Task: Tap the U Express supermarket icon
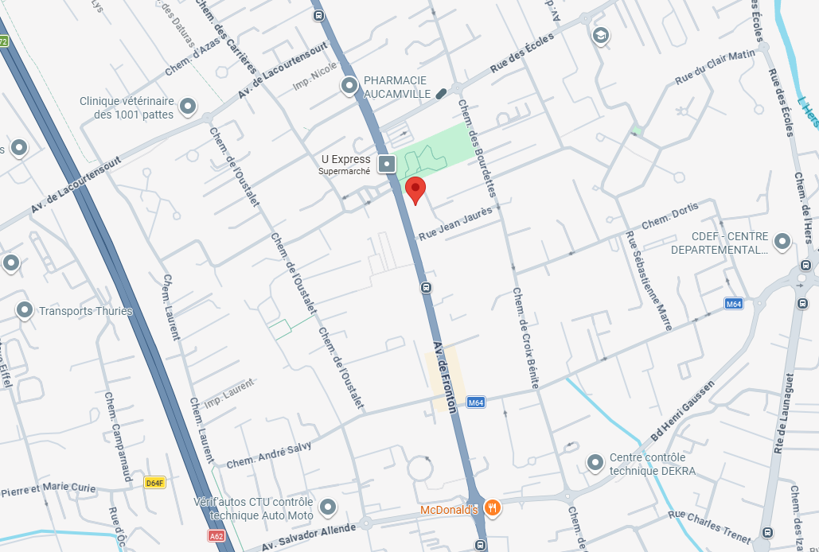pos(387,165)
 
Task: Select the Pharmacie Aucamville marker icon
pos(349,86)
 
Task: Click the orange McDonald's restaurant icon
pos(493,507)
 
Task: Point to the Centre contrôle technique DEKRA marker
pos(595,462)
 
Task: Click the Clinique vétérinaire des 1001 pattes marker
pos(188,105)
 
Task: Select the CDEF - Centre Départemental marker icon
pos(782,240)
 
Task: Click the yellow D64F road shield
pos(154,483)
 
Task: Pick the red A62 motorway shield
pos(216,536)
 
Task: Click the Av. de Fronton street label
pos(445,376)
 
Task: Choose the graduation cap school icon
pos(600,35)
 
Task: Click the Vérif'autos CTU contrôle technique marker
pos(328,507)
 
